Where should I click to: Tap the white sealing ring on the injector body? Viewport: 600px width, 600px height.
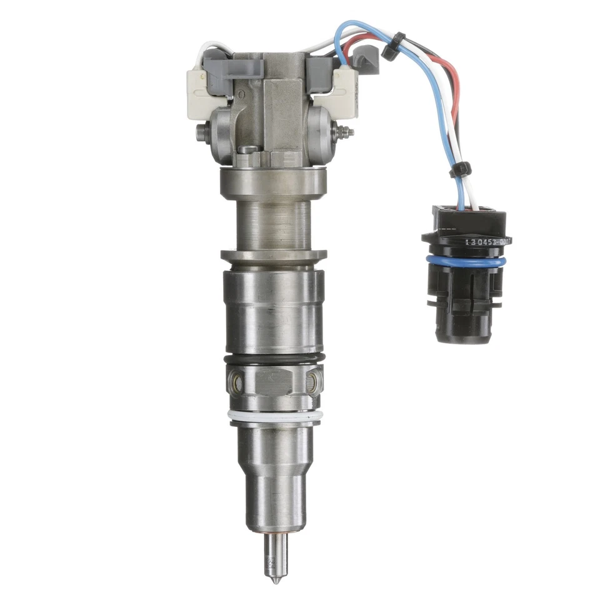point(276,416)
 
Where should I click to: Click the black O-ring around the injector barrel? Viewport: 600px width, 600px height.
point(276,359)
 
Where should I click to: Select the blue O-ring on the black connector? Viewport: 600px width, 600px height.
point(465,262)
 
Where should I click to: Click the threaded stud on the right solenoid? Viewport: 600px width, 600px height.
point(345,132)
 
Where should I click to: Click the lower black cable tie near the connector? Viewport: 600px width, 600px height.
point(461,169)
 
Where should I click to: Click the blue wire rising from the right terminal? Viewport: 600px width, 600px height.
point(341,47)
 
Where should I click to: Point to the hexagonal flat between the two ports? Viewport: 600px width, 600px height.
point(274,381)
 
